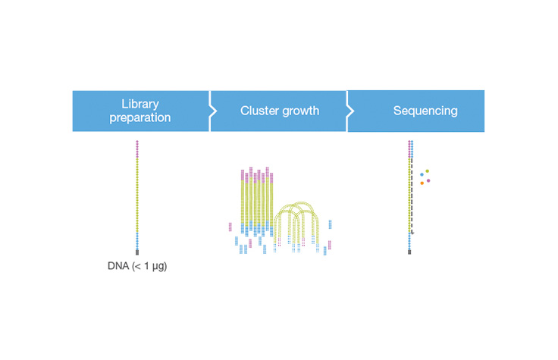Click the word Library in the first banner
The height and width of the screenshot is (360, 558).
click(x=141, y=103)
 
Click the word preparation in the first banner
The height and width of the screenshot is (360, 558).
click(x=141, y=117)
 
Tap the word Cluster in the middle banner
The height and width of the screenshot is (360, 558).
click(x=259, y=111)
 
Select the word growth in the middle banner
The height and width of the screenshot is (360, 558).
click(x=299, y=111)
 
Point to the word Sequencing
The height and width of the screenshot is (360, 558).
click(x=425, y=111)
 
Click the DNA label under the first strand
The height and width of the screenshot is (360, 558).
click(x=118, y=266)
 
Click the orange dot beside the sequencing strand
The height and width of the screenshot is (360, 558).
click(x=422, y=183)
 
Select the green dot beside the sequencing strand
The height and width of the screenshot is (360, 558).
click(x=428, y=171)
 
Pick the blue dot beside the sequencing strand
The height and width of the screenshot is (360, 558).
click(x=422, y=175)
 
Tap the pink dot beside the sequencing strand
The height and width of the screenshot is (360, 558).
click(x=428, y=180)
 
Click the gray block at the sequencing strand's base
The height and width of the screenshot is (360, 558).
click(x=410, y=252)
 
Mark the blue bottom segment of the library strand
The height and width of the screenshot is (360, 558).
click(x=137, y=241)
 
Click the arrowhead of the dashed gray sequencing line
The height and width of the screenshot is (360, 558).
click(x=412, y=232)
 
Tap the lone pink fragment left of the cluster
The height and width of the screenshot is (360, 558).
click(x=230, y=226)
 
